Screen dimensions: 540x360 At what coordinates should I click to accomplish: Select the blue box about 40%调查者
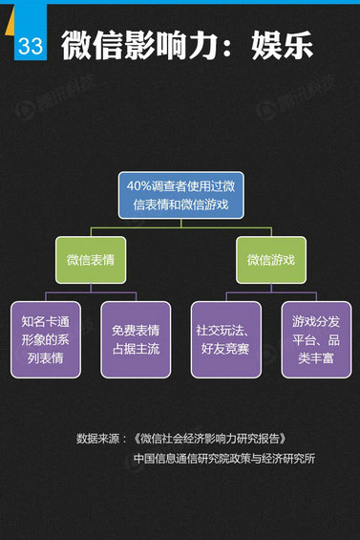coord(180,195)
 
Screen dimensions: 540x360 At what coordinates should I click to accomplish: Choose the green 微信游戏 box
coord(270,260)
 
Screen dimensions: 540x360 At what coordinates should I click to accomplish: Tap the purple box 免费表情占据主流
coord(135,339)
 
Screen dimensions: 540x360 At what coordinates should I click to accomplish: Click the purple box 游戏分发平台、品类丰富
coord(316,339)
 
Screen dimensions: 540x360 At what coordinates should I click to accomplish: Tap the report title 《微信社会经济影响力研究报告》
coord(211,439)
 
